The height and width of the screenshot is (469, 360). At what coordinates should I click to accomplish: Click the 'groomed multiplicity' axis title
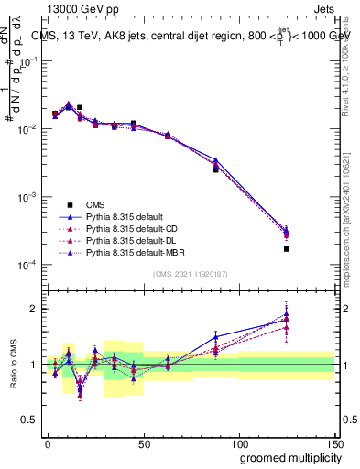287,458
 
